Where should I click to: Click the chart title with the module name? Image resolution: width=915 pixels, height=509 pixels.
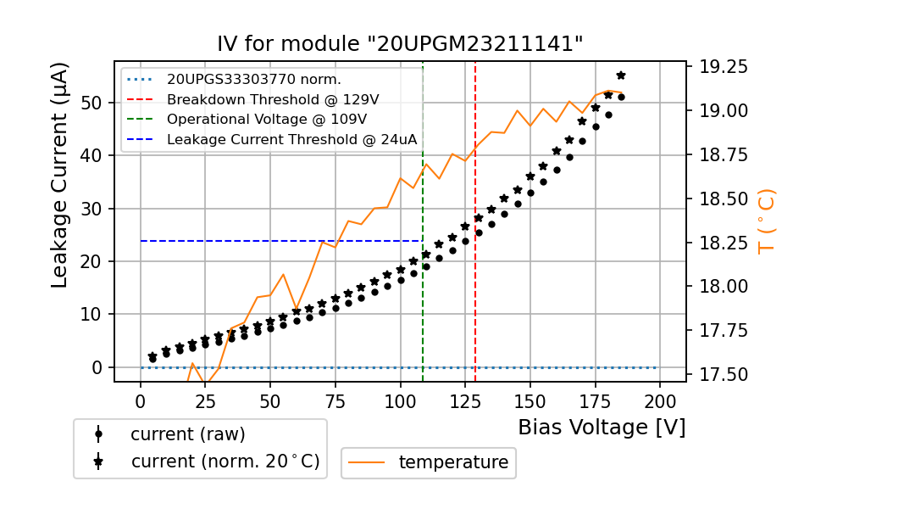tap(400, 44)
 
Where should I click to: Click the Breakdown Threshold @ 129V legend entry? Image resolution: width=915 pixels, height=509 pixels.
tap(273, 99)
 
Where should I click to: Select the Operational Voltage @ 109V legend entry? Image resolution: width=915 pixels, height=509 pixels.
tap(267, 120)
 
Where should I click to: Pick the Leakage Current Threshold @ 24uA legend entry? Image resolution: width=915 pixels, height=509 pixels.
tap(291, 140)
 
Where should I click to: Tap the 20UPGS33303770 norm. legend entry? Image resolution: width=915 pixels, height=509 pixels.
tap(253, 80)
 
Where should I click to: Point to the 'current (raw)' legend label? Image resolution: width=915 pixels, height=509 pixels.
tap(187, 434)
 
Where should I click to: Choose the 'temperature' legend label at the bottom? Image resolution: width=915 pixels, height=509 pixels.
tap(453, 462)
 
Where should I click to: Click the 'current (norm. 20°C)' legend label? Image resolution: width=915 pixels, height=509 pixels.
tap(225, 462)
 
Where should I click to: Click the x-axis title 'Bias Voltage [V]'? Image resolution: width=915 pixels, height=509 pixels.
tap(602, 428)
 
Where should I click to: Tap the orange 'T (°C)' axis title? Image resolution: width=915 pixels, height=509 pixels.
tap(767, 221)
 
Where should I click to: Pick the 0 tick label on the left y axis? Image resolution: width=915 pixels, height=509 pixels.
tap(97, 367)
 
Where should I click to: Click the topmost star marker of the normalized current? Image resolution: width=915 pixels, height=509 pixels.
tap(621, 76)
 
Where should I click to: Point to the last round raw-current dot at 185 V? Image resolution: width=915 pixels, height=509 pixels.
tap(621, 97)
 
